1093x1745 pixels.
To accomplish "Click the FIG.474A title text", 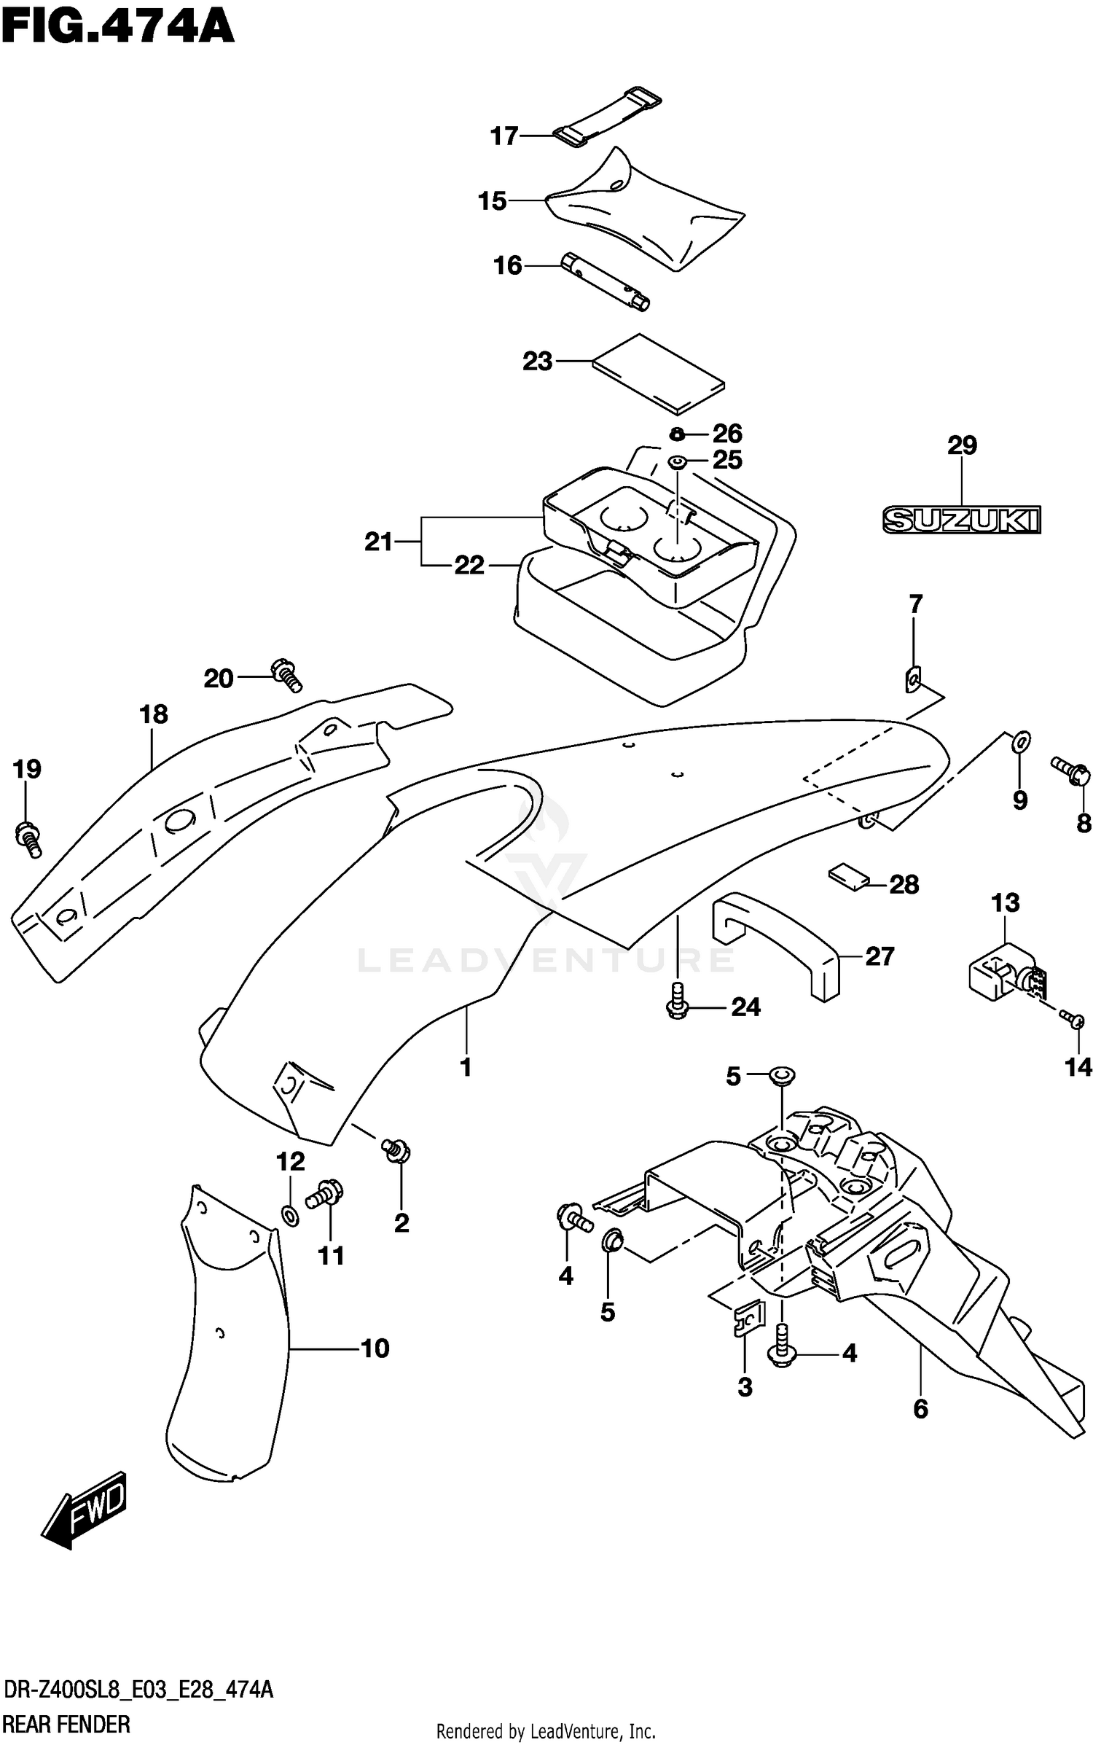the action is [118, 27].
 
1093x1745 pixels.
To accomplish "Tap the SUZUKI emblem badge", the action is [961, 520].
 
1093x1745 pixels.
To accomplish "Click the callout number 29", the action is [962, 445].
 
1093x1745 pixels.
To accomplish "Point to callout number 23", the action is [538, 361].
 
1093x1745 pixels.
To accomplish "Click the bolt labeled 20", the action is [286, 674].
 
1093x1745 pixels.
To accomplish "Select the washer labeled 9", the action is [1021, 741].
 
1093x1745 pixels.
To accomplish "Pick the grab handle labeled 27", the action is [775, 945].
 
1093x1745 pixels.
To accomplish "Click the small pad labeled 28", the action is [849, 875].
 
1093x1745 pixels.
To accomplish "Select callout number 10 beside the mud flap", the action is [375, 1348].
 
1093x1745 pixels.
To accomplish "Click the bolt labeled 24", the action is [677, 999].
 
